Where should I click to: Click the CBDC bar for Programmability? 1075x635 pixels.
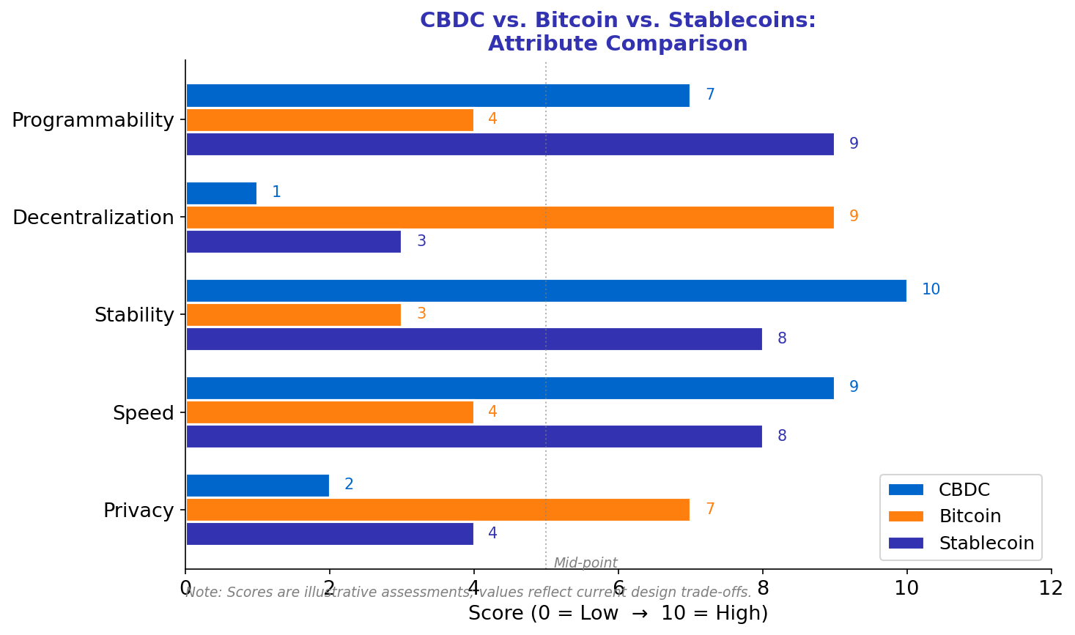(437, 95)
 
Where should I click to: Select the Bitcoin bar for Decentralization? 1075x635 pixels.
(509, 218)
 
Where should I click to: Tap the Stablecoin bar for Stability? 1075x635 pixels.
(473, 339)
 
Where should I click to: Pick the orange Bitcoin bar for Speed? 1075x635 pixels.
(329, 412)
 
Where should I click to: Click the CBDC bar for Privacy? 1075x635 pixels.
(257, 485)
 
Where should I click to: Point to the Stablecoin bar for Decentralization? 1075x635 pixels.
(293, 242)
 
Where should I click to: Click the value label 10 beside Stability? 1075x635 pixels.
(931, 290)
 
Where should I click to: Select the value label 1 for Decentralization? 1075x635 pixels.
(276, 193)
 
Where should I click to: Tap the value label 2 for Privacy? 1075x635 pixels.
(349, 485)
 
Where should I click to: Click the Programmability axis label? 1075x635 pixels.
(93, 120)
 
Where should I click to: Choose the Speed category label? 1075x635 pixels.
(144, 413)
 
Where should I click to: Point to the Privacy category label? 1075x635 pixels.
(138, 510)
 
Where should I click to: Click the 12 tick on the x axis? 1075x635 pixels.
(1051, 588)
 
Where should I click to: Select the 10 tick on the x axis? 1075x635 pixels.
(906, 588)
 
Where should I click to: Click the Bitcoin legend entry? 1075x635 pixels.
(969, 516)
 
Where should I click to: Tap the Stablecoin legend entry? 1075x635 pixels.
(986, 543)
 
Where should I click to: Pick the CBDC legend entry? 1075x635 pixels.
(964, 490)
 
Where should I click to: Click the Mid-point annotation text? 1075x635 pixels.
(585, 563)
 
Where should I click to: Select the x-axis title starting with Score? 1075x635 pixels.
(618, 614)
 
